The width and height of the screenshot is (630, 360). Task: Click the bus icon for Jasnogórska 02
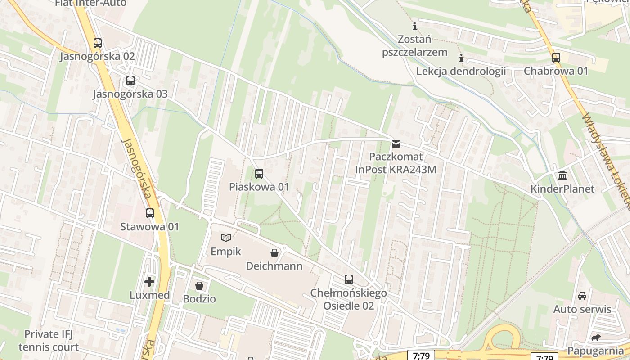(x=97, y=43)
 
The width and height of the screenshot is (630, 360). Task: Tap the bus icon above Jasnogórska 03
(x=130, y=81)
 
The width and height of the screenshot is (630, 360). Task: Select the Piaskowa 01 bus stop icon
(x=259, y=174)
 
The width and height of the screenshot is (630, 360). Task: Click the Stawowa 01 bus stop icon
(x=149, y=213)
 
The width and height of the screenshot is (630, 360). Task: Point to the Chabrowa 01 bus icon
(x=556, y=58)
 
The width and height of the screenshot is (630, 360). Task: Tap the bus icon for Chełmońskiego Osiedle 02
(x=348, y=279)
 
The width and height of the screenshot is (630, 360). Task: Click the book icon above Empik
(x=226, y=238)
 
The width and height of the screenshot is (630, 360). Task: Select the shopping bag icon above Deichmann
(x=274, y=253)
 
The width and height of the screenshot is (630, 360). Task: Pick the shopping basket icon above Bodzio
(x=199, y=286)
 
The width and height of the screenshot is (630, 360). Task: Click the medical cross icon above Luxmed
(x=149, y=282)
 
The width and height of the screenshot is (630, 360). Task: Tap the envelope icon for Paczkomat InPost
(x=396, y=144)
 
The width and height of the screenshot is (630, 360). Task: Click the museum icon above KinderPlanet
(x=562, y=175)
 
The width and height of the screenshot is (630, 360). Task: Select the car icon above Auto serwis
(x=582, y=296)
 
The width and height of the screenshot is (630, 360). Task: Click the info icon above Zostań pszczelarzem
(x=414, y=26)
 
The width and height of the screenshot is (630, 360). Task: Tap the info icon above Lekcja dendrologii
(x=461, y=58)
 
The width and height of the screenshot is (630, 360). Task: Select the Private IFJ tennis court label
(x=49, y=341)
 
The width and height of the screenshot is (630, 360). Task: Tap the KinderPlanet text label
(x=562, y=189)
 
